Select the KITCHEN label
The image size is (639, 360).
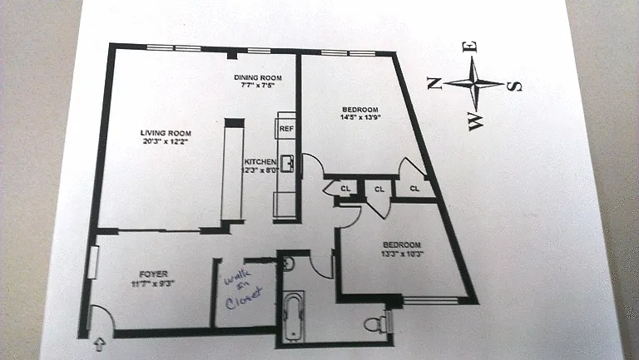coord(260,160)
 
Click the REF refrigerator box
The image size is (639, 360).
coord(286,129)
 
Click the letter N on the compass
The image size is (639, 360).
coord(433,81)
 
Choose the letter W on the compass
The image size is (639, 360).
coord(475,123)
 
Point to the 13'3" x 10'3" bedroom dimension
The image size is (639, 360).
coord(401,254)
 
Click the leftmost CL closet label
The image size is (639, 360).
coord(345,189)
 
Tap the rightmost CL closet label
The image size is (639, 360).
coord(414,189)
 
